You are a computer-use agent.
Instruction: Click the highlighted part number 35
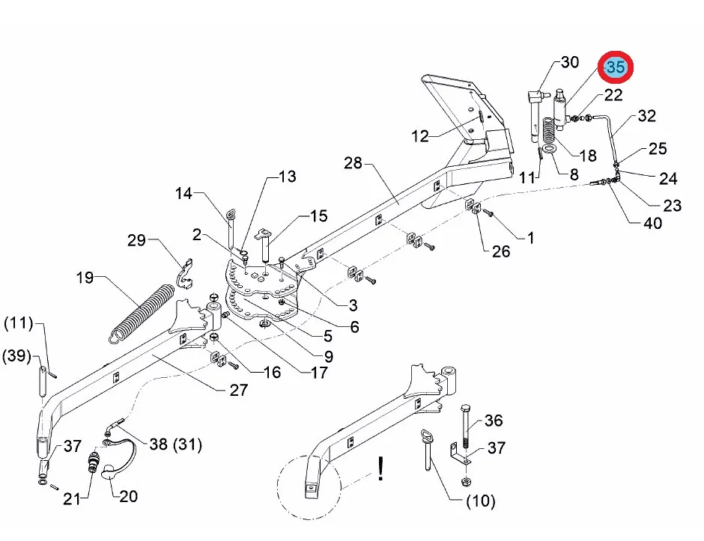click(615, 67)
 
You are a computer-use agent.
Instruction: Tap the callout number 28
click(353, 163)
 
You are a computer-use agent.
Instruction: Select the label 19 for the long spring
click(85, 277)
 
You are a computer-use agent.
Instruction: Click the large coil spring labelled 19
click(142, 313)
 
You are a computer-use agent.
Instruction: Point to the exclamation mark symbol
click(380, 468)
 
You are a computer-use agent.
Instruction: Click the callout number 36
click(494, 421)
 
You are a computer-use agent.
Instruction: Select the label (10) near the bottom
click(481, 501)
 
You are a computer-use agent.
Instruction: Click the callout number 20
click(128, 496)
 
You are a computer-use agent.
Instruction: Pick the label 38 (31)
click(175, 444)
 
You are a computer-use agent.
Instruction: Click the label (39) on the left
click(16, 356)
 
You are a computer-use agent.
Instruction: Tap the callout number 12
click(420, 136)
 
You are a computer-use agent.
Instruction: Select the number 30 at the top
click(570, 62)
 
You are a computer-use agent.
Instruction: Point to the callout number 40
click(652, 223)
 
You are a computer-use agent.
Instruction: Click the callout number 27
click(238, 390)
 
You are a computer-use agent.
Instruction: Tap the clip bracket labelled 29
click(184, 274)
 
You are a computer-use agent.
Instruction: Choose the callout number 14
click(183, 193)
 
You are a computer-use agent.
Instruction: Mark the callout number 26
click(500, 251)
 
